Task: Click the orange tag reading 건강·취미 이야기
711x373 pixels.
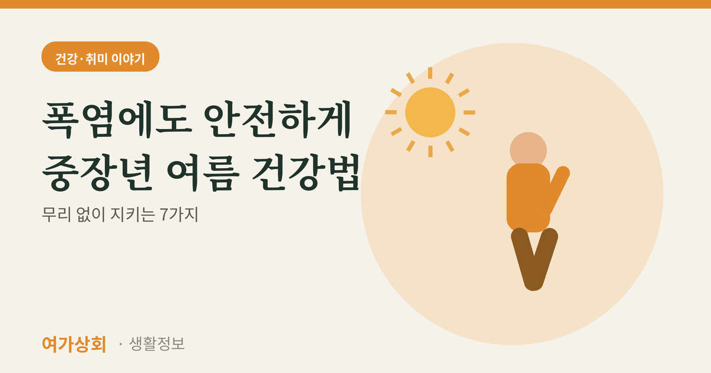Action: click(100, 56)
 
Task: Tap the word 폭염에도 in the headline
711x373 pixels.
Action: click(117, 119)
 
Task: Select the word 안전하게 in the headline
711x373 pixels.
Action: click(277, 119)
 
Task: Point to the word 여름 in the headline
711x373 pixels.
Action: click(203, 172)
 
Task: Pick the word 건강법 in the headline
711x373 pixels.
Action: click(305, 172)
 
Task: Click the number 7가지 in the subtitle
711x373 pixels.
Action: click(179, 214)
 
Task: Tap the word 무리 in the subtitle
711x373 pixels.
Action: click(56, 214)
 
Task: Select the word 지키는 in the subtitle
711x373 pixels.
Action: click(133, 214)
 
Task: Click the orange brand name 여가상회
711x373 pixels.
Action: click(74, 344)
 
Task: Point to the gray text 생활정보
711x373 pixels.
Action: click(157, 343)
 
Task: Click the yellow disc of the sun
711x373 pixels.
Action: click(430, 112)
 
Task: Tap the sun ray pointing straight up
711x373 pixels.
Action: click(430, 73)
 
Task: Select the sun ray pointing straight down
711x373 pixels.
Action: click(430, 152)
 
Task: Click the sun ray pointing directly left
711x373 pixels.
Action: click(390, 112)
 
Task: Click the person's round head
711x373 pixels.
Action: click(528, 150)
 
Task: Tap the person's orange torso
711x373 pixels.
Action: click(528, 198)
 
